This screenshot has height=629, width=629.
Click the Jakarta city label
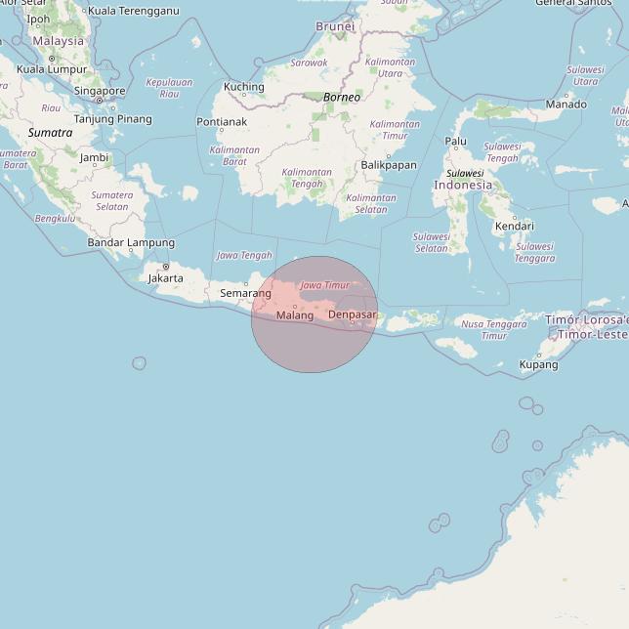165,278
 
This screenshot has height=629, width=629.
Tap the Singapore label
99,91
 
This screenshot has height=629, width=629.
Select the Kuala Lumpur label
53,69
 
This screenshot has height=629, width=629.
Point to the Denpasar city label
353,314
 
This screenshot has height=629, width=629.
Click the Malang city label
295,315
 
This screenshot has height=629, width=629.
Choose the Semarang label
245,293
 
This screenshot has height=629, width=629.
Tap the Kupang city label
538,364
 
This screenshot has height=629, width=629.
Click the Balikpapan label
388,165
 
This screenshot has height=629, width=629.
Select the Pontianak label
222,122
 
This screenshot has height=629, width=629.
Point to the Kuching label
243,87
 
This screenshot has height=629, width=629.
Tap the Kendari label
514,227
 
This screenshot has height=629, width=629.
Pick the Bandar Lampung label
131,242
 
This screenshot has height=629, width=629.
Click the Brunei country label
335,26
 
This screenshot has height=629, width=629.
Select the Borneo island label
342,98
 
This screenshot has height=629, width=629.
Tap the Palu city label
455,141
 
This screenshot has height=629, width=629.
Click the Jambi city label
94,157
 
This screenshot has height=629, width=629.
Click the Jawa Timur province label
324,285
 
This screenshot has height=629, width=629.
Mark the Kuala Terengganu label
133,11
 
